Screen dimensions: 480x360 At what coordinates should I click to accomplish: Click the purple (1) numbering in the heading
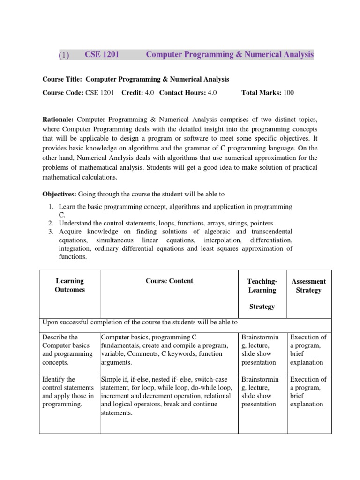tap(64, 55)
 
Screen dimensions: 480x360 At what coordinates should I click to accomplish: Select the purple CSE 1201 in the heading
tap(102, 55)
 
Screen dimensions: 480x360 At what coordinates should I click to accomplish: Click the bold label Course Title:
tap(63, 79)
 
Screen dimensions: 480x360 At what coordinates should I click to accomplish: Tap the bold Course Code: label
tap(63, 93)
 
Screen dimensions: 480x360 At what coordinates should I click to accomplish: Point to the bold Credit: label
tap(132, 93)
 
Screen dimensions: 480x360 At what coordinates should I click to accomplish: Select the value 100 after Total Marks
tap(288, 93)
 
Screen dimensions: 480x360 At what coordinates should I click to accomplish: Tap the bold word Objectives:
tap(60, 194)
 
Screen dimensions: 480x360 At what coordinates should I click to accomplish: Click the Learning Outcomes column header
tap(69, 285)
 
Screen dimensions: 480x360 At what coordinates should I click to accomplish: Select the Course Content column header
tap(169, 281)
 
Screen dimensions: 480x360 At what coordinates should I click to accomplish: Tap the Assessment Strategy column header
tap(308, 285)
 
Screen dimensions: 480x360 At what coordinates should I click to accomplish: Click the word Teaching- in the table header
tap(262, 281)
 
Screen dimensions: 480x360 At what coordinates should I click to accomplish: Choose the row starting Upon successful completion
tap(141, 322)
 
